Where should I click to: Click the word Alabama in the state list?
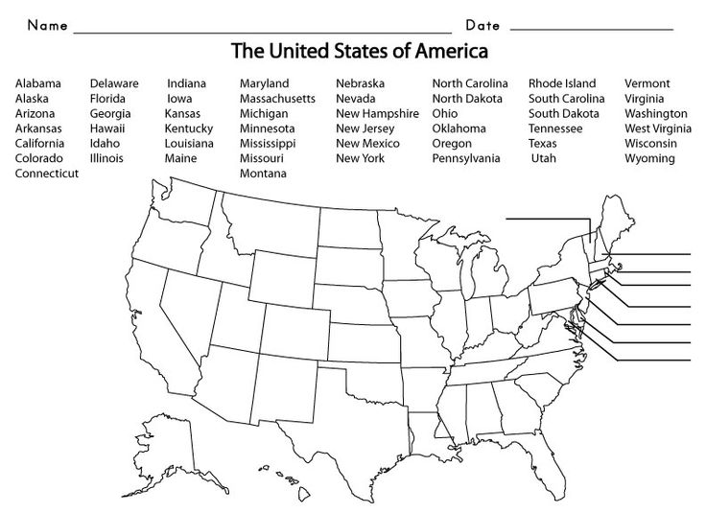coord(38,83)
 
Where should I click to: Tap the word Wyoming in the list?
coord(649,158)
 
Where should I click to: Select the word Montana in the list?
coord(263,174)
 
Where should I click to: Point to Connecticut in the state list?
coord(47,174)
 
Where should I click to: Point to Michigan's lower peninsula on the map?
coord(485,278)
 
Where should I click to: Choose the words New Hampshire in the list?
coord(377,113)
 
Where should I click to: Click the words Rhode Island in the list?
coord(561,83)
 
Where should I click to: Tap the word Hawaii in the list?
coord(106,128)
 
